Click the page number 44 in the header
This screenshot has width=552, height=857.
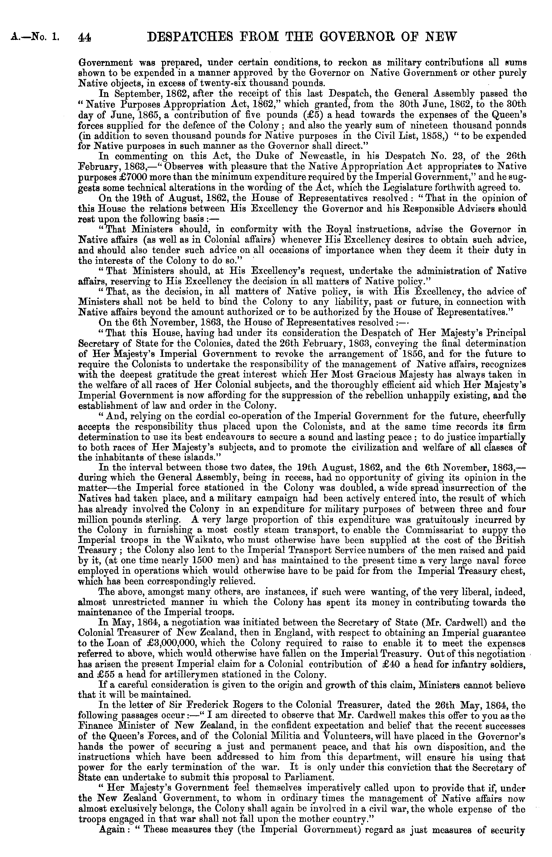[x=85, y=37]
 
